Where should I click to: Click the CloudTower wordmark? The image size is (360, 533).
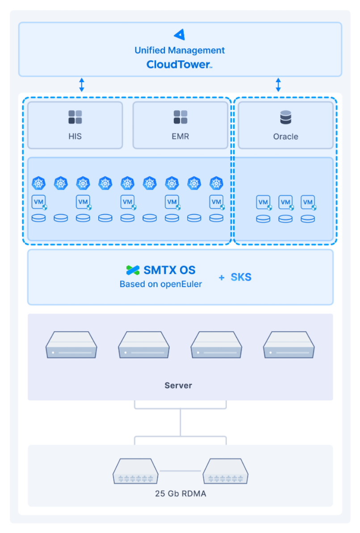179,64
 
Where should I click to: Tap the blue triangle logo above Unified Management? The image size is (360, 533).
180,34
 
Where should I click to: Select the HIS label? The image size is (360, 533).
75,136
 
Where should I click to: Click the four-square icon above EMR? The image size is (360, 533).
180,117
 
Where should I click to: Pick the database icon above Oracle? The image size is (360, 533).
286,117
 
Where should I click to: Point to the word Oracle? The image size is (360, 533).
286,137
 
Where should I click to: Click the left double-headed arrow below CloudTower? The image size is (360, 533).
82,85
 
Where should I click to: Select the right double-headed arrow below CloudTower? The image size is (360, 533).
278,85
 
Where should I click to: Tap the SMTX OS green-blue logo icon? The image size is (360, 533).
133,270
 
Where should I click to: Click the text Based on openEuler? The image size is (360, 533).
161,284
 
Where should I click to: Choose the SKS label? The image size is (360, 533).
241,277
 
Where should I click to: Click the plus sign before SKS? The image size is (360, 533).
222,278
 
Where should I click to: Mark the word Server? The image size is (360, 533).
178,386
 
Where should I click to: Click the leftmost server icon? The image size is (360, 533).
71,345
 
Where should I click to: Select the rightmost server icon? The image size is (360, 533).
289,345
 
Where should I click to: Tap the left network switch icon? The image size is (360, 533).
135,471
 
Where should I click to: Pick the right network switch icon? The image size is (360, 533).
226,471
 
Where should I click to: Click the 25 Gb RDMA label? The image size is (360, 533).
181,494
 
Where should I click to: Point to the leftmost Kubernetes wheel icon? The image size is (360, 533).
38,183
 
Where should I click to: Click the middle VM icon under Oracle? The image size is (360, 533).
286,203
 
